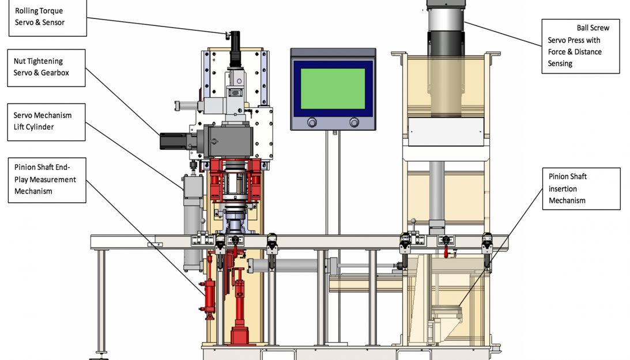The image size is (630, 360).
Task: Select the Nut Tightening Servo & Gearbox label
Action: coord(46,68)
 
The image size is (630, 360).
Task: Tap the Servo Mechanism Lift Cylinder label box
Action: coord(46,122)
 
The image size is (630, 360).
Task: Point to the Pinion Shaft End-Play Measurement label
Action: coord(47,180)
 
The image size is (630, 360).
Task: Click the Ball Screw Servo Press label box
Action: coord(580,46)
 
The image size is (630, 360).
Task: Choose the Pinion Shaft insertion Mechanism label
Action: coord(582,188)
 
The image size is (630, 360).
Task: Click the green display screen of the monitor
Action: coord(333,89)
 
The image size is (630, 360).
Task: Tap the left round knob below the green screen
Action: coord(312,123)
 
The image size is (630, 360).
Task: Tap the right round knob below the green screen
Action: coord(354,123)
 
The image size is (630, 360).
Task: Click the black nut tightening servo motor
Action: coord(173,141)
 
